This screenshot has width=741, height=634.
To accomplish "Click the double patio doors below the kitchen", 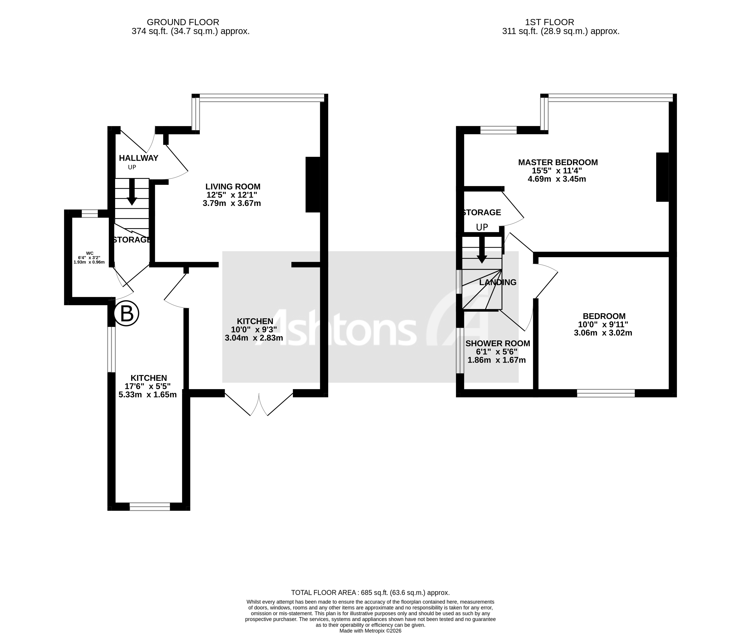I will click(x=259, y=404).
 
